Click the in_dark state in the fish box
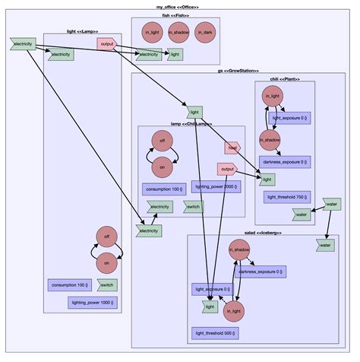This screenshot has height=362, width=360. coord(204,32)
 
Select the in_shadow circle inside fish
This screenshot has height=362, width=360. coord(178,32)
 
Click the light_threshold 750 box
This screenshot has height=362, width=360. coord(286,196)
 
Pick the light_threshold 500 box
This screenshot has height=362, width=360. coord(215,333)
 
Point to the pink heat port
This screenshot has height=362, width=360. coord(232,148)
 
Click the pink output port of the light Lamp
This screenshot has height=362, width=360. coord(106,43)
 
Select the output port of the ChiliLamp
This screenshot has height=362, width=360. coord(227,169)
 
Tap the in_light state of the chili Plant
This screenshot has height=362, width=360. coord(270,97)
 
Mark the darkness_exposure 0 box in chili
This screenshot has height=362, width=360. coord(285,162)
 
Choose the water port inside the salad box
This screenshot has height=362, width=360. coord(326,245)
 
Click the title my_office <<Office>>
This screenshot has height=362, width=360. coord(179,6)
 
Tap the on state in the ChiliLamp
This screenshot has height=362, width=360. coord(161,165)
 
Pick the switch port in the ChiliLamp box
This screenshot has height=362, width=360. coord(194,207)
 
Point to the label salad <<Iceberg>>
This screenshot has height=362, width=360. coord(262,232)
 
